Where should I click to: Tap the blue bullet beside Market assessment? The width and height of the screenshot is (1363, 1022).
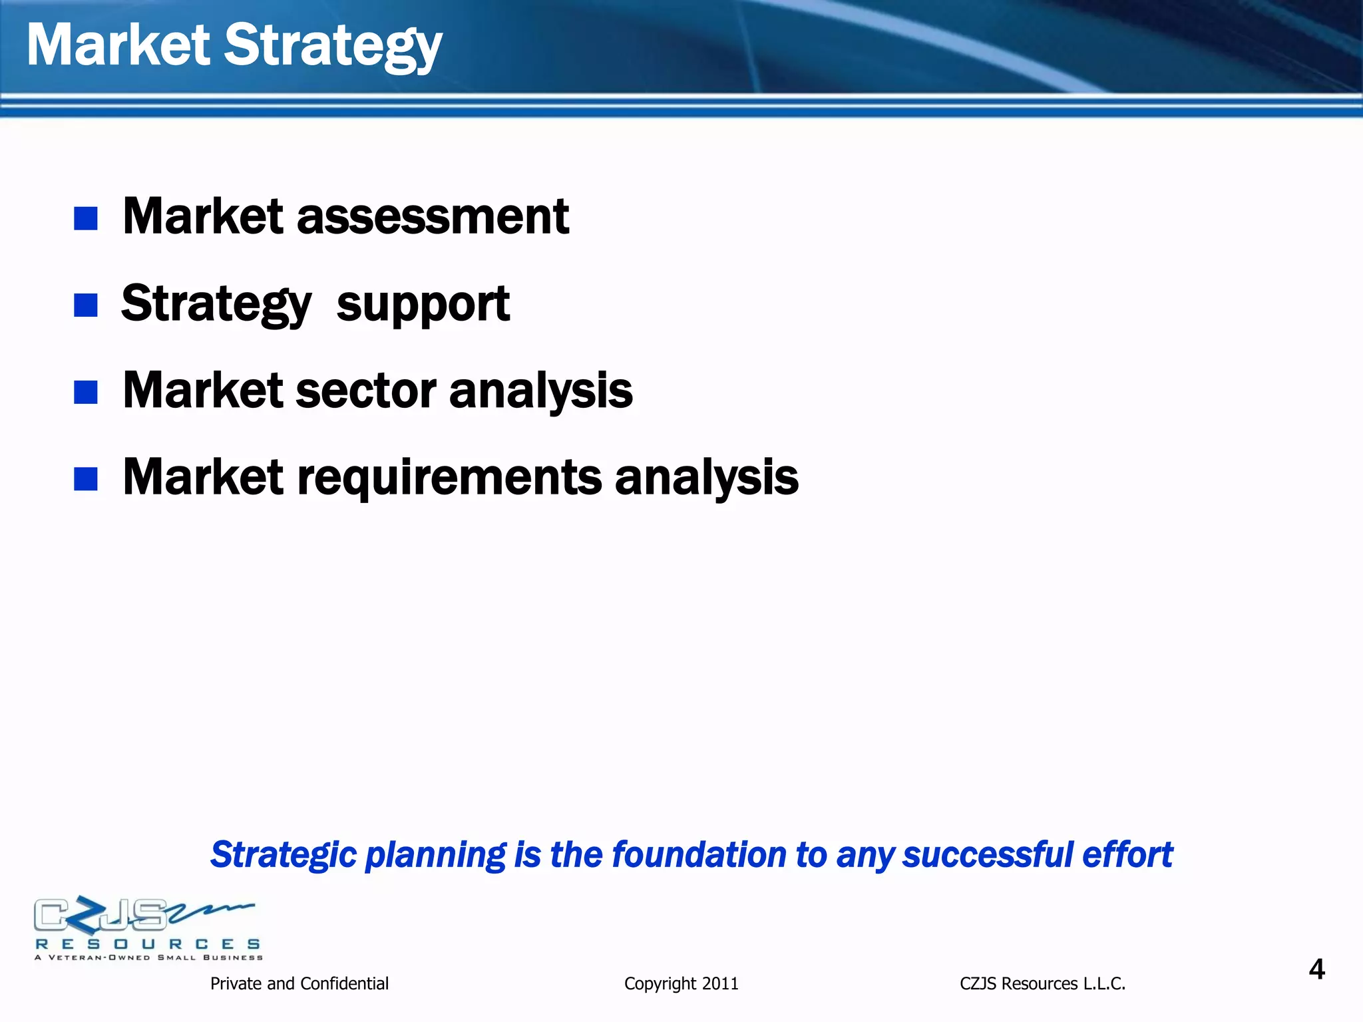coord(86,218)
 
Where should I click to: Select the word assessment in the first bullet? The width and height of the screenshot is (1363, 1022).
coord(433,217)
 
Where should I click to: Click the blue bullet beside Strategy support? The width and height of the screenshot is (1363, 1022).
coord(86,305)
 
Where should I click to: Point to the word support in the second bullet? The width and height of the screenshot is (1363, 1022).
coord(423,305)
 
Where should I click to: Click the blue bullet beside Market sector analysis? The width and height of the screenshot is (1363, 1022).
coord(86,392)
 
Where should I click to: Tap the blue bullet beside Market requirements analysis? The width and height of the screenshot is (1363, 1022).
coord(86,478)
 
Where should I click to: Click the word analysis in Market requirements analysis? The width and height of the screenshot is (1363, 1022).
coord(706,478)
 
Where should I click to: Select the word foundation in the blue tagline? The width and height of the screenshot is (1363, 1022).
coord(699,855)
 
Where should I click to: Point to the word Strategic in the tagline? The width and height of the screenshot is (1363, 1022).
coord(284,855)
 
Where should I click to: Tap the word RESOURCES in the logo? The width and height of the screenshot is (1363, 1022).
coord(148,944)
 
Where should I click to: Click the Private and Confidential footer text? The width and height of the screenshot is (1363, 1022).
coord(299,983)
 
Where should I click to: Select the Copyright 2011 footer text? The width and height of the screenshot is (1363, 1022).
coord(681,983)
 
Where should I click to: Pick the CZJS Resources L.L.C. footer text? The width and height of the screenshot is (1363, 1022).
coord(1042,983)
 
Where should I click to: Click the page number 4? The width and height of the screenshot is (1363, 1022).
coord(1316,969)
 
